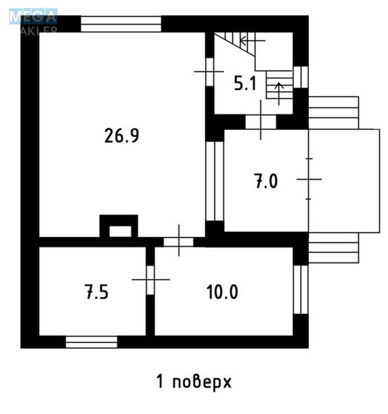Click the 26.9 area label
pos(121,136)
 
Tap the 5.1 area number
pos(244,83)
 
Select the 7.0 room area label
pos(265,181)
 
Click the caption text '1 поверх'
pos(194,380)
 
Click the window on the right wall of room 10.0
pos(300,290)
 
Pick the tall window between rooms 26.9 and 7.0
pos(215,181)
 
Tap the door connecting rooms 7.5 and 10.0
pos(150,278)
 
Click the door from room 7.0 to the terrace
pos(309,178)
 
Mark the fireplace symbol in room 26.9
pos(117,227)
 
